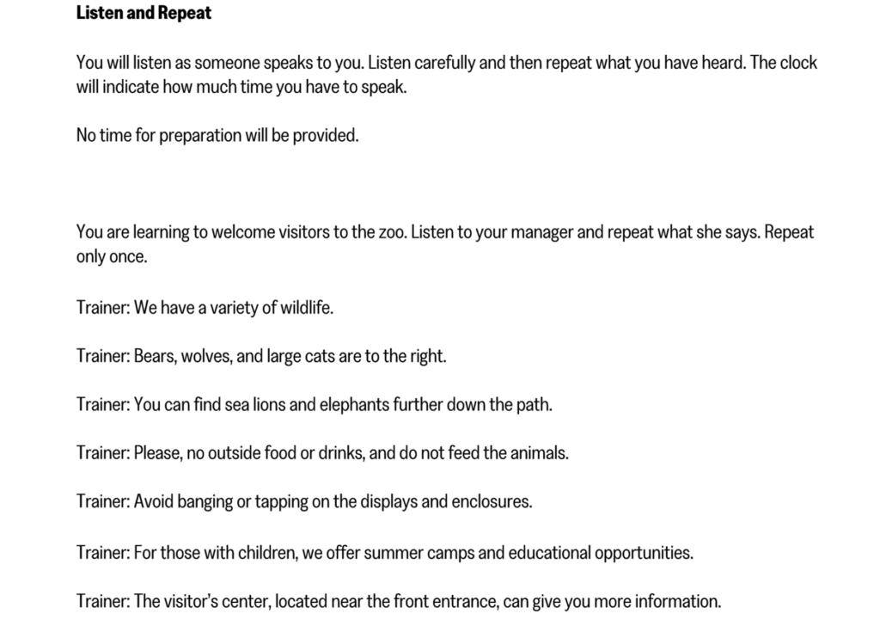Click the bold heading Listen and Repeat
(x=144, y=13)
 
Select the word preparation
(x=200, y=136)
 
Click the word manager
(x=533, y=232)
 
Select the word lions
(x=268, y=404)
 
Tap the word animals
(x=537, y=452)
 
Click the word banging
(x=204, y=501)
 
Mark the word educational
(x=553, y=553)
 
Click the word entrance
(x=461, y=602)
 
